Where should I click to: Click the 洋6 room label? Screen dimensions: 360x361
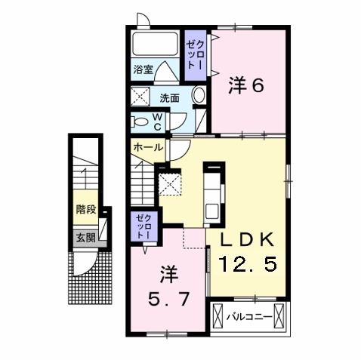[245, 86]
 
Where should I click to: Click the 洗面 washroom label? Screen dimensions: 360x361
[169, 98]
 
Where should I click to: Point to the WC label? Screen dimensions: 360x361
[158, 121]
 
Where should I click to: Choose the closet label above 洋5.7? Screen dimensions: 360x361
[143, 226]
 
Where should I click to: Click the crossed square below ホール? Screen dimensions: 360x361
[171, 183]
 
